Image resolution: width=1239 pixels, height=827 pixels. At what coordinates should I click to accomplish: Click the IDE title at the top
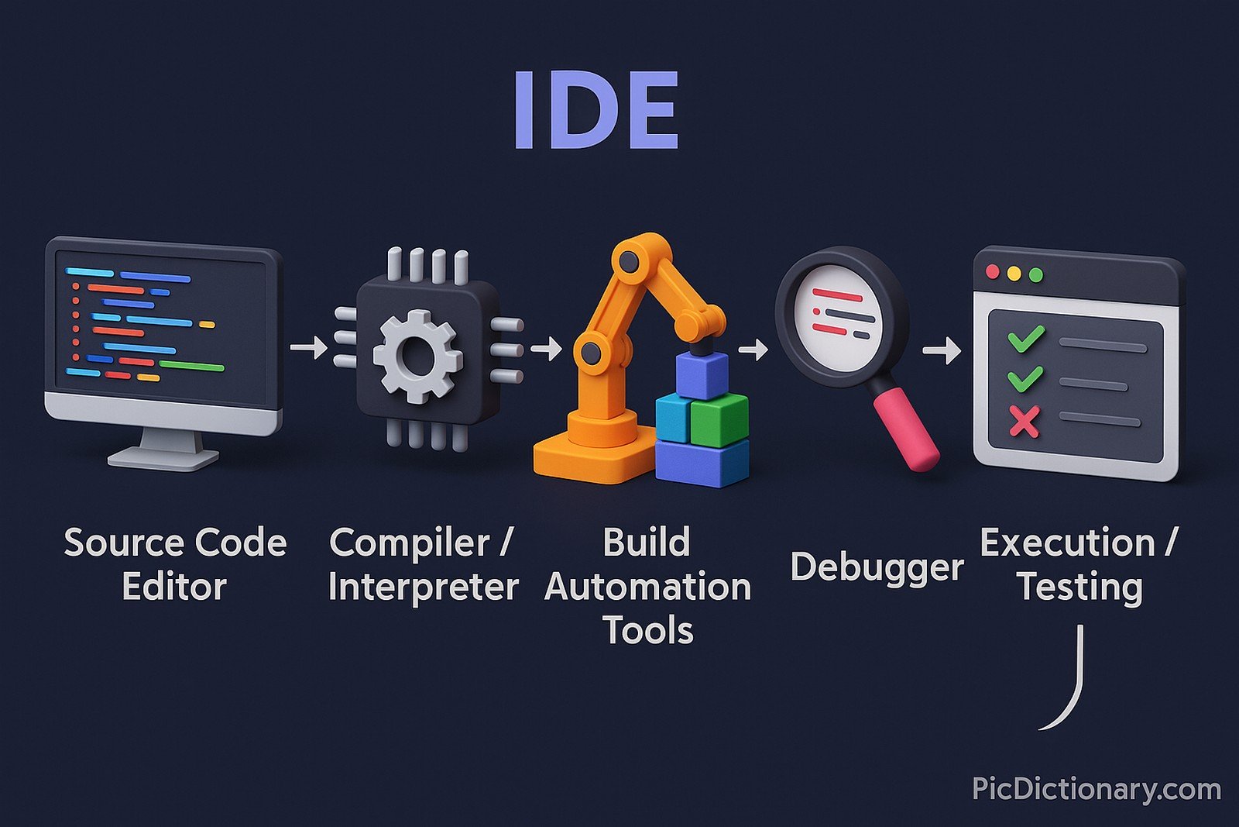click(595, 110)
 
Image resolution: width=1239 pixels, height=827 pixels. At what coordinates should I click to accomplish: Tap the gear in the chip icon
click(417, 356)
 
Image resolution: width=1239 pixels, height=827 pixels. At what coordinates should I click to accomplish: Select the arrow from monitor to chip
click(309, 347)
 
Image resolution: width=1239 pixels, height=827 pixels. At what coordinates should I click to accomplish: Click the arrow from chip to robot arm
click(547, 348)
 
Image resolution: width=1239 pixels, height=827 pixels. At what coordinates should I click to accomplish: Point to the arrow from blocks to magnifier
click(753, 350)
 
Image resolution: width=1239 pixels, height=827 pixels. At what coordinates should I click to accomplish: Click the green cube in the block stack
click(719, 419)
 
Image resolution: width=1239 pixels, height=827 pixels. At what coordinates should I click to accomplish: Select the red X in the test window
click(1024, 422)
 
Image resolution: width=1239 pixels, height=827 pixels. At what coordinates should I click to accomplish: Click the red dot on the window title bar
click(993, 272)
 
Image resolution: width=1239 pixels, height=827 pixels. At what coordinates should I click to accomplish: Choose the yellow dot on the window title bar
click(1014, 274)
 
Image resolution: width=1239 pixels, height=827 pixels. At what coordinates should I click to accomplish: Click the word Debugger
click(877, 567)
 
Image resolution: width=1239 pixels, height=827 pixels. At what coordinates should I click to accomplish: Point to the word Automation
click(647, 587)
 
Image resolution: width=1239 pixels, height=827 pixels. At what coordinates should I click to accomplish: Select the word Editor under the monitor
click(174, 587)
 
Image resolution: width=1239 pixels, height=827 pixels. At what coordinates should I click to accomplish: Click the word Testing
click(1080, 587)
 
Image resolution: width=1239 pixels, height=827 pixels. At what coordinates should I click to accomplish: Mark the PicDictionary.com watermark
click(1097, 789)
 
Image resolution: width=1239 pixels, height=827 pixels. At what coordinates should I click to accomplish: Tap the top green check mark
click(1025, 339)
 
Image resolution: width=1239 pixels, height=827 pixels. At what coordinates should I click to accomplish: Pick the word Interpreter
click(423, 587)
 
